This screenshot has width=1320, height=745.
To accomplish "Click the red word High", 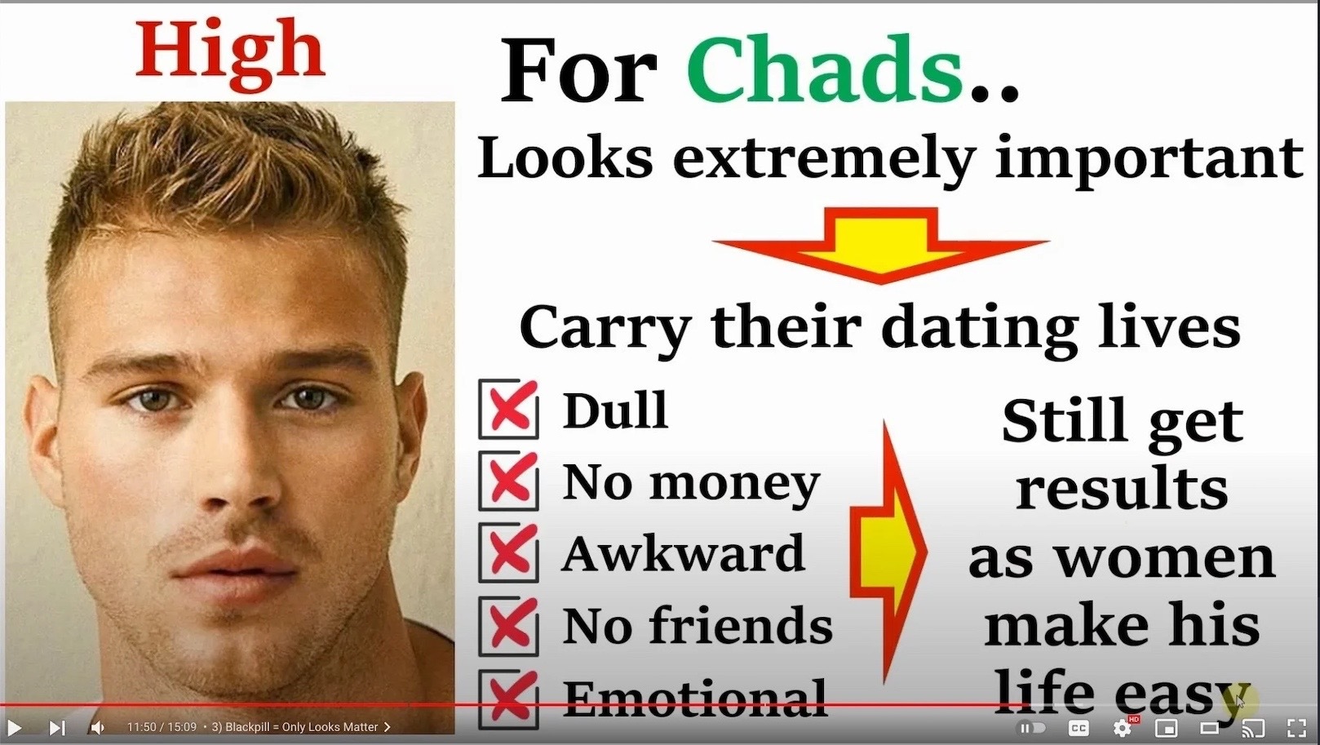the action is pos(230,54).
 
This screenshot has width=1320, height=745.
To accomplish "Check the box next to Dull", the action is pos(508,409).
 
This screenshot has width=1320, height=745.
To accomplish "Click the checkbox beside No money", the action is pos(508,481).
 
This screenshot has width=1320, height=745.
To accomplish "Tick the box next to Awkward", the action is pos(508,553).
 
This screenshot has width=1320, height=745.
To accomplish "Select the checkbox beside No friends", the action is pos(508,626).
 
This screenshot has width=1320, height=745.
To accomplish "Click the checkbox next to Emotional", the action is pos(508,699).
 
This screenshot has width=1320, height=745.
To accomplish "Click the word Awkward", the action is pos(683,553).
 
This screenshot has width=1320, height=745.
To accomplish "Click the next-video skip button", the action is pos(56,728).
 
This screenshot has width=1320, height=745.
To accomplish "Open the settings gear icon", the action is pos(1122,729).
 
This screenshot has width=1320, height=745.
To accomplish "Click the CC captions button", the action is pos(1079,729).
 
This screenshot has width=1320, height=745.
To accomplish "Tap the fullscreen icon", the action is pos(1296,729).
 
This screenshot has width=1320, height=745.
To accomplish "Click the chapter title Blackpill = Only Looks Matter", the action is pos(302,727).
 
